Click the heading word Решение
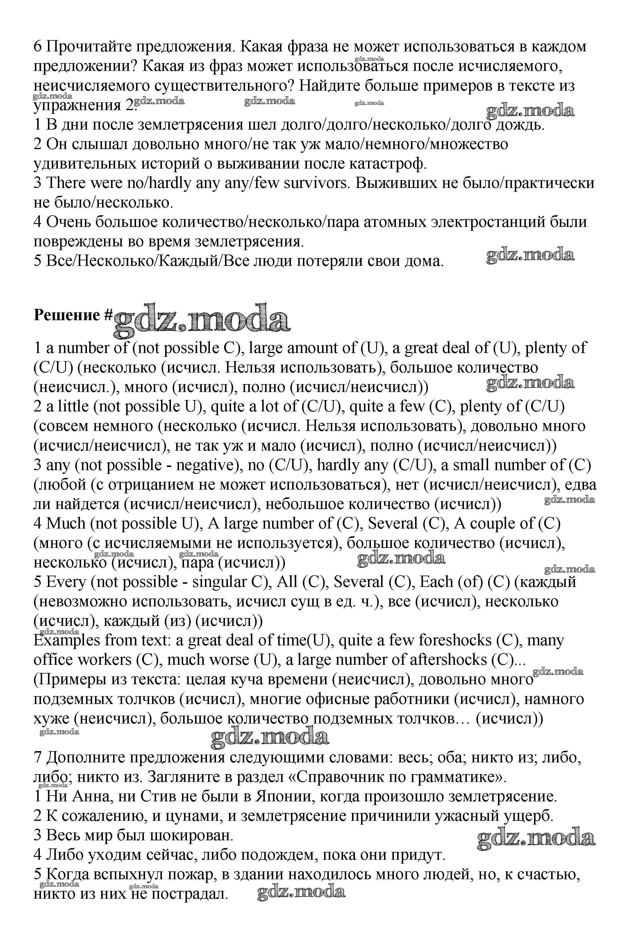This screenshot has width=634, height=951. [67, 315]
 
